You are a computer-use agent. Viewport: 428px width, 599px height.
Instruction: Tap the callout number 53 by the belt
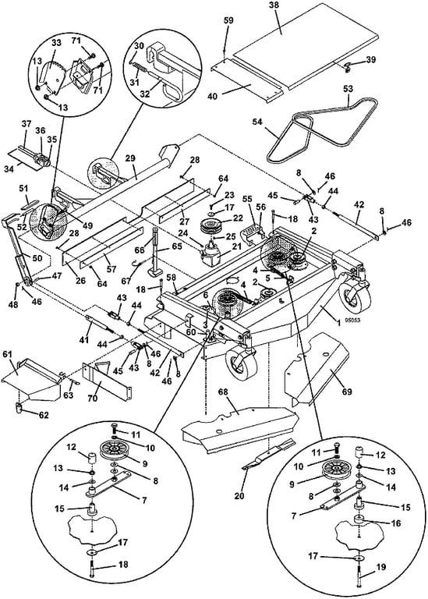(x=348, y=89)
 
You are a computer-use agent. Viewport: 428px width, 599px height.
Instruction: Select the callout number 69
(x=347, y=392)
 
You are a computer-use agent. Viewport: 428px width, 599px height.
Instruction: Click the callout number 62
(x=44, y=415)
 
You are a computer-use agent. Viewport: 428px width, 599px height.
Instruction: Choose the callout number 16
(x=396, y=523)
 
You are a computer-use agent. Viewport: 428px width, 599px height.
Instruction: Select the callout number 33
(x=56, y=43)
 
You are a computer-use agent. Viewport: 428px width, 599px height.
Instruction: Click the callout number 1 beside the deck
(x=338, y=322)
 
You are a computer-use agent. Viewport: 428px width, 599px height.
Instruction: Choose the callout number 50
(x=37, y=258)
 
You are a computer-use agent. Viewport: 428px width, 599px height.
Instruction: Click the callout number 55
(x=247, y=199)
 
